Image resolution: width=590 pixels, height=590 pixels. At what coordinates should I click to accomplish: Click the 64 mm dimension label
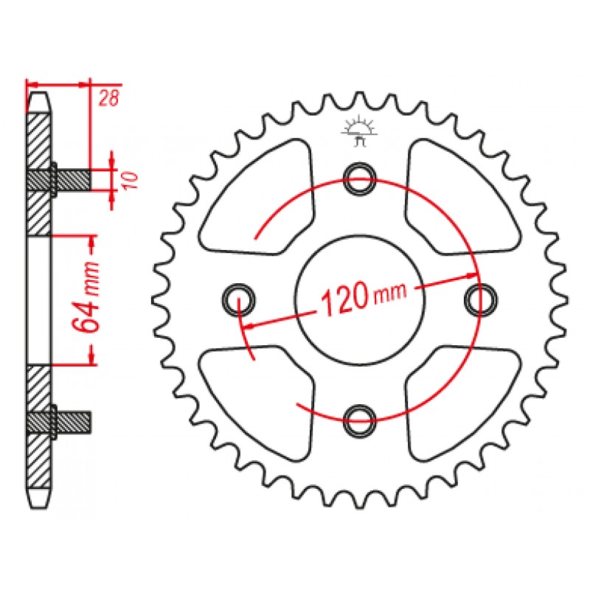point(86,297)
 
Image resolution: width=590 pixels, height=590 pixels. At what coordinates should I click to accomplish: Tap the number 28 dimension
point(108,98)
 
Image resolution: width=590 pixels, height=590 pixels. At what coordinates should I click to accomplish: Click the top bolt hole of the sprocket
point(360,178)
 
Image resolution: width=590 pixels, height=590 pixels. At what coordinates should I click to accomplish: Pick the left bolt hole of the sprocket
point(238,300)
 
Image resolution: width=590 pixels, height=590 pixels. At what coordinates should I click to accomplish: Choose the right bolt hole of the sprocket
point(481,300)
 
